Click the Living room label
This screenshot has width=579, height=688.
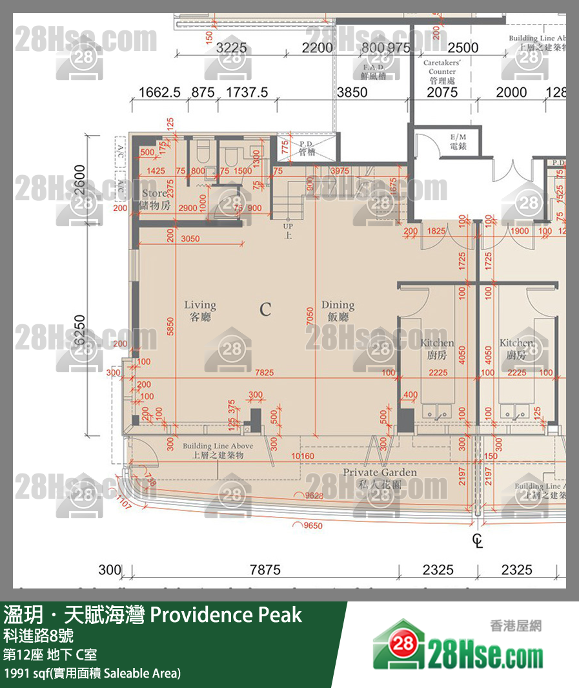click(x=200, y=311)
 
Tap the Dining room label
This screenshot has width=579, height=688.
click(x=338, y=311)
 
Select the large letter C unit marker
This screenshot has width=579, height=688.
click(x=265, y=309)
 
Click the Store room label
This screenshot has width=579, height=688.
click(x=154, y=199)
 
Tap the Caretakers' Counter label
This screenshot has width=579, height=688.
click(x=443, y=72)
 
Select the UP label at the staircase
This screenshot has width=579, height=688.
click(x=288, y=231)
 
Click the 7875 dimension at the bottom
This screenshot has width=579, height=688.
click(x=265, y=570)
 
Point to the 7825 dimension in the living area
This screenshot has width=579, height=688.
click(x=264, y=373)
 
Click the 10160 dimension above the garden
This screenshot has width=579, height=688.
click(x=302, y=457)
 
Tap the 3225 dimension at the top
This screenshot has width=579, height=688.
click(x=232, y=47)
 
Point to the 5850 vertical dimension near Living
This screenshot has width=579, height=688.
click(x=170, y=329)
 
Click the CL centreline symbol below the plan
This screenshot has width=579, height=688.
click(x=478, y=540)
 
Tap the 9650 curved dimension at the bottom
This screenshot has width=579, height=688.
click(x=313, y=526)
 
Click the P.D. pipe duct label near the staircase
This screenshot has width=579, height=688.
click(x=307, y=148)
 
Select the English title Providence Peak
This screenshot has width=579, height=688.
click(x=226, y=614)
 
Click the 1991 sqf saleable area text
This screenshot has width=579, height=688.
click(x=92, y=673)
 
